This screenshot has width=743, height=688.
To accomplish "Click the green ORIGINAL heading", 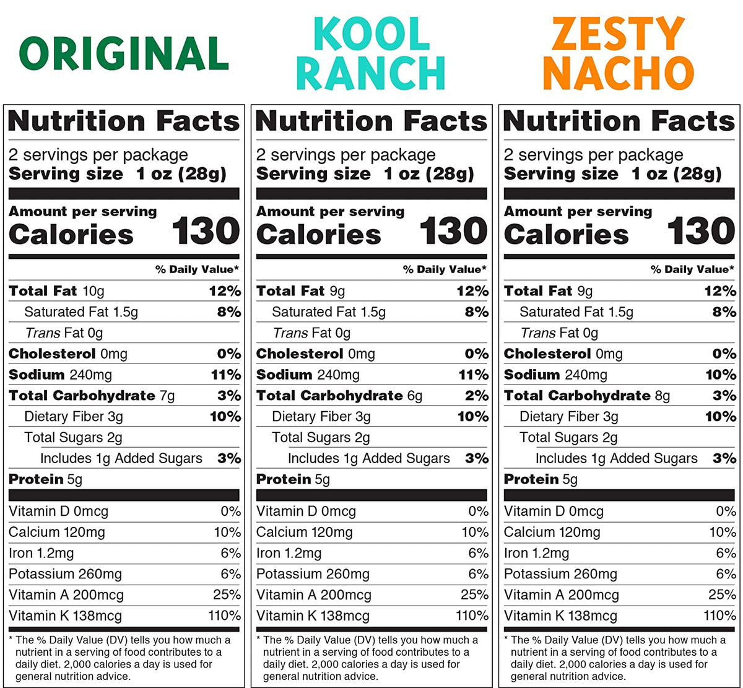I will [124, 53].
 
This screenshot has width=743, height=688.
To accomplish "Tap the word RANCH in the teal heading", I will [370, 73].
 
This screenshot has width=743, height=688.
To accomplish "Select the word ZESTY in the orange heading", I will [618, 34].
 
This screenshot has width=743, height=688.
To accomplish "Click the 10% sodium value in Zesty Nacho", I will [720, 375].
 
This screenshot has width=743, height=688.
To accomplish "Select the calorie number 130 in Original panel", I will [206, 232].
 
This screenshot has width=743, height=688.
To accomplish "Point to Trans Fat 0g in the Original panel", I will [64, 333].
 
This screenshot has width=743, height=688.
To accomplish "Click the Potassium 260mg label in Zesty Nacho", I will [560, 574].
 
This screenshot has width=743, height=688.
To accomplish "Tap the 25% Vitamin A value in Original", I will [227, 595].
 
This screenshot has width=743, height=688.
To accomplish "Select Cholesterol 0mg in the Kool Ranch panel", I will [315, 354].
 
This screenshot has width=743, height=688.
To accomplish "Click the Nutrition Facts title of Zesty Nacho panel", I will [619, 121].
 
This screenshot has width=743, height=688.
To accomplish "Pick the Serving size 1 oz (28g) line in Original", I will [117, 174].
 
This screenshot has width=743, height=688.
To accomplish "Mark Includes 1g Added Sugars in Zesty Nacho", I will [616, 458].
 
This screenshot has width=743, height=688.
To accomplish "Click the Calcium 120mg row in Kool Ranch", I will [304, 532].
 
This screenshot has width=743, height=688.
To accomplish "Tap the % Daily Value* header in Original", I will [197, 269].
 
